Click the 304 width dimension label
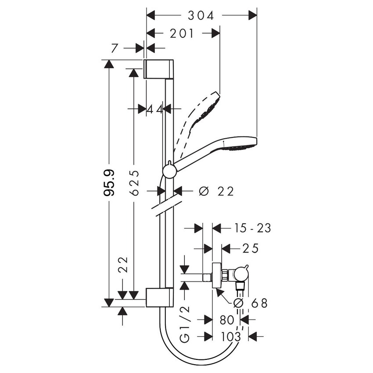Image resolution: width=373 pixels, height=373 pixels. click(x=201, y=15)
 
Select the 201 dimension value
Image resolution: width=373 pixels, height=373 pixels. click(x=182, y=33)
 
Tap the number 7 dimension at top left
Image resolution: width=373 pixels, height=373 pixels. click(x=115, y=48)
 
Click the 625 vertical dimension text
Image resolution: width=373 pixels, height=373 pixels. click(x=135, y=183)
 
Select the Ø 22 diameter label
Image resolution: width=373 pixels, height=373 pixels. click(x=215, y=191)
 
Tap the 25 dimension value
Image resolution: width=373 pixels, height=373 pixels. click(x=250, y=248)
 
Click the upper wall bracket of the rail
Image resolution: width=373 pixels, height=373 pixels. click(x=160, y=68)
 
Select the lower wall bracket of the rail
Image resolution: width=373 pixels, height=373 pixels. click(x=160, y=298)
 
